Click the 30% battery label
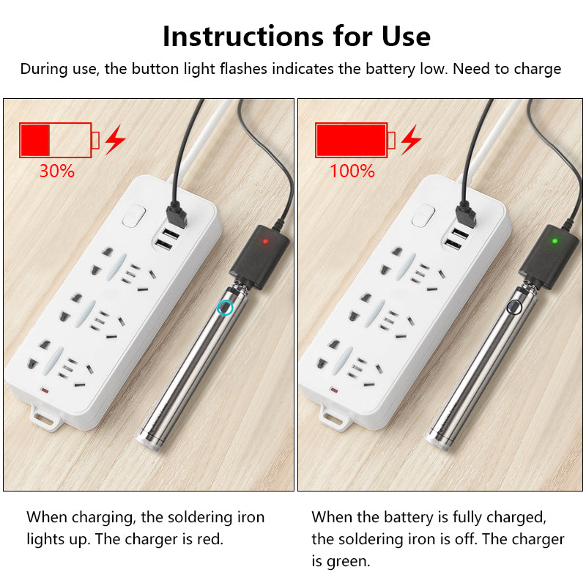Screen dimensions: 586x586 [56, 171]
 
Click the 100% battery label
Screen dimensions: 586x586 [352, 171]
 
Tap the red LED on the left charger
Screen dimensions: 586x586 [264, 240]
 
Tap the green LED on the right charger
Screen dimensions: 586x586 [555, 240]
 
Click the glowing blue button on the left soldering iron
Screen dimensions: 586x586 [226, 308]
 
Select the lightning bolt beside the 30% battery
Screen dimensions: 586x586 [114, 139]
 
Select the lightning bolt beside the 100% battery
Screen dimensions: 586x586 [411, 139]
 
